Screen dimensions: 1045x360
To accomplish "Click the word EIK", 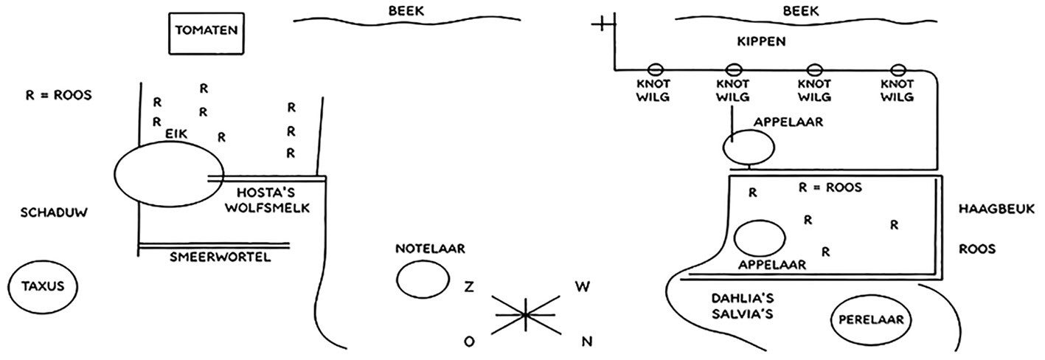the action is (x=176, y=134).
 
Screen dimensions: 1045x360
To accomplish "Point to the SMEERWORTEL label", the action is (x=221, y=257).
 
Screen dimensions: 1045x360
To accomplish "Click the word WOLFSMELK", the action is (x=267, y=208).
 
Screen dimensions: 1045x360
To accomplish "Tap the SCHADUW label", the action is (x=54, y=213).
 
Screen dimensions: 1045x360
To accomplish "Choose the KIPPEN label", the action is (x=761, y=41).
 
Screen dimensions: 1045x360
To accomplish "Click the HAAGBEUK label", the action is (x=996, y=209).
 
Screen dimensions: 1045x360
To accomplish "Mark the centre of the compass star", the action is (x=526, y=315).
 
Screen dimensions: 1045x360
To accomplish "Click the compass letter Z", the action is (x=469, y=287).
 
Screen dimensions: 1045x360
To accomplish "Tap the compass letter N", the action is (x=587, y=342).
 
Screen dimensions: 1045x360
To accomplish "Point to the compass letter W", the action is (x=582, y=287).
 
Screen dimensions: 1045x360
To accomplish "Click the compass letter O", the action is (x=469, y=342).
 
